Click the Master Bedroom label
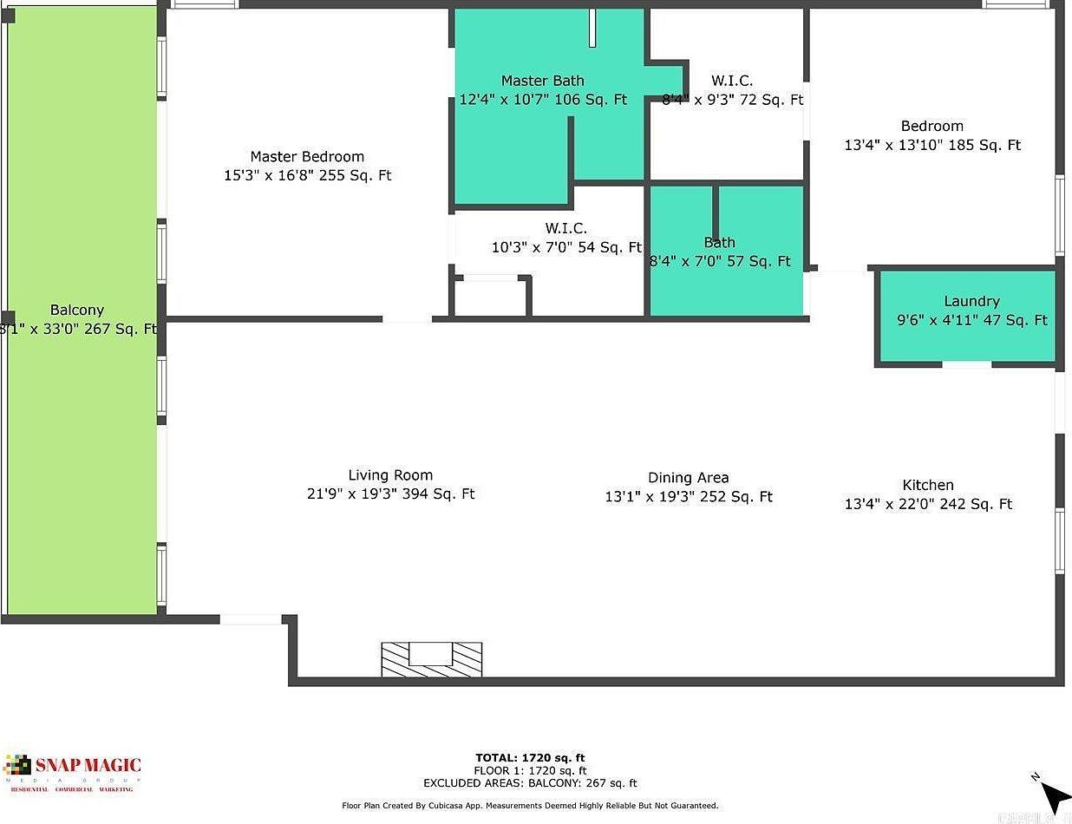pyautogui.click(x=307, y=157)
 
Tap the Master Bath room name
pyautogui.click(x=542, y=81)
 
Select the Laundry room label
pyautogui.click(x=971, y=301)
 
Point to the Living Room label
pyautogui.click(x=390, y=475)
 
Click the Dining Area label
pyautogui.click(x=688, y=478)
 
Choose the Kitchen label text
pyautogui.click(x=928, y=486)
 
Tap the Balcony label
pyautogui.click(x=77, y=311)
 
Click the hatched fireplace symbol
pyautogui.click(x=432, y=659)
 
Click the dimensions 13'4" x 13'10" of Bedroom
pyautogui.click(x=932, y=146)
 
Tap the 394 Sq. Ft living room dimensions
pyautogui.click(x=390, y=494)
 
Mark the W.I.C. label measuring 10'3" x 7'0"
pyautogui.click(x=565, y=229)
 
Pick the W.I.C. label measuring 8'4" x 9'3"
pyautogui.click(x=732, y=81)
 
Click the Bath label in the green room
pyautogui.click(x=720, y=243)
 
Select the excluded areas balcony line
pyautogui.click(x=530, y=783)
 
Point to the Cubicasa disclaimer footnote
pyautogui.click(x=530, y=806)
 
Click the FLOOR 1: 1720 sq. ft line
pyautogui.click(x=530, y=770)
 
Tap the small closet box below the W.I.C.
pyautogui.click(x=491, y=298)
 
